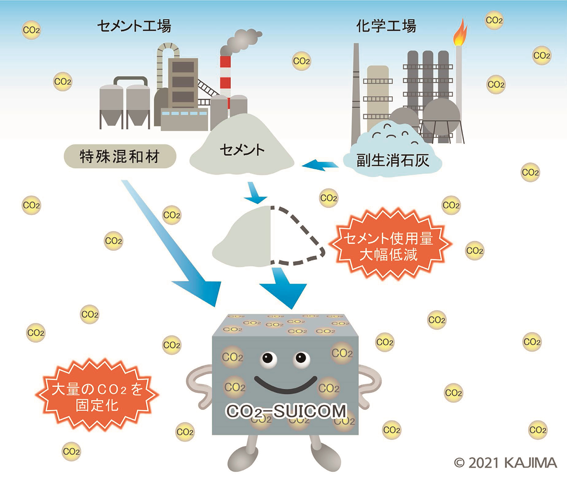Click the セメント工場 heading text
[x=134, y=26]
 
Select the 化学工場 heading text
[x=386, y=26]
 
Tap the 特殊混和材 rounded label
[x=120, y=157]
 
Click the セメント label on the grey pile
[x=242, y=150]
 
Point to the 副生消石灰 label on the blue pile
[x=393, y=160]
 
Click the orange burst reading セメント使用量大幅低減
[x=389, y=246]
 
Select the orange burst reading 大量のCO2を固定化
[x=97, y=397]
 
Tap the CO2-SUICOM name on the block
[x=286, y=411]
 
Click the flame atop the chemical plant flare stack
[x=460, y=33]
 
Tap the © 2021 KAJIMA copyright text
[x=505, y=463]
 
